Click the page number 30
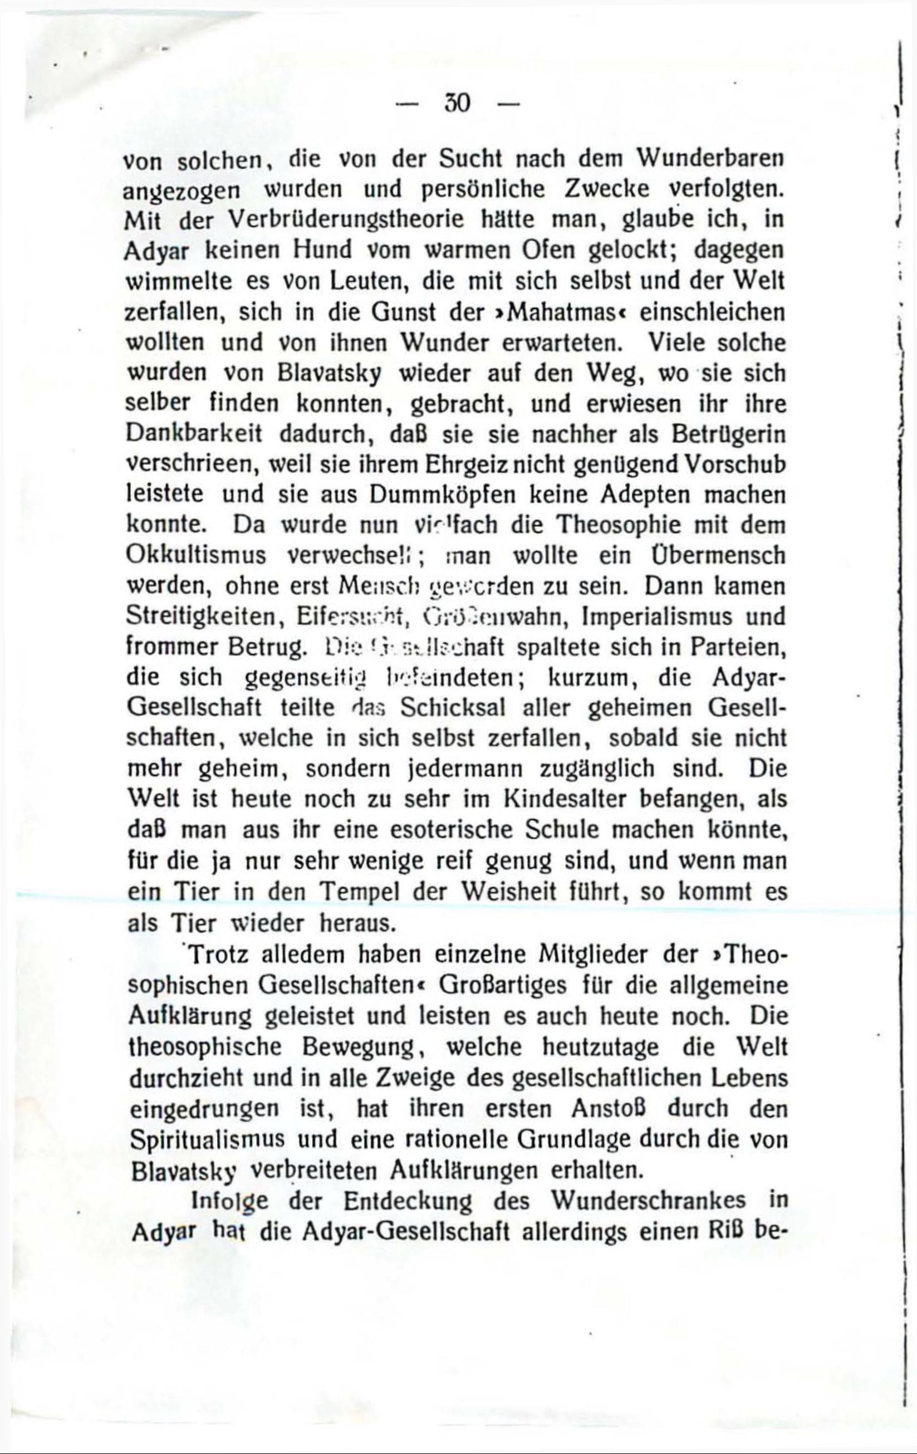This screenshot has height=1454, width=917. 457,104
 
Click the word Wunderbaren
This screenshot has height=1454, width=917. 710,159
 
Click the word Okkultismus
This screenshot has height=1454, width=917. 196,556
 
